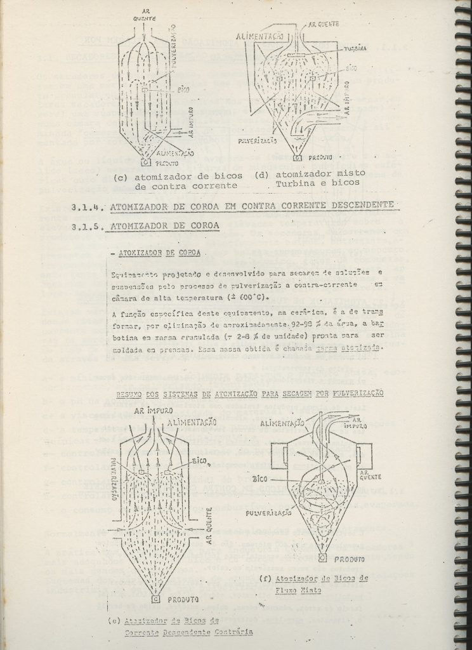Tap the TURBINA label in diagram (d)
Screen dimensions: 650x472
355,49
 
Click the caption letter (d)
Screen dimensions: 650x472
262,175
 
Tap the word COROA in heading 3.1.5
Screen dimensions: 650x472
200,227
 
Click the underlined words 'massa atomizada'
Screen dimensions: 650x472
360,348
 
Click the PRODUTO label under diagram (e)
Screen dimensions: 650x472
184,599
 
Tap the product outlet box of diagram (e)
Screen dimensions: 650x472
156,598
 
